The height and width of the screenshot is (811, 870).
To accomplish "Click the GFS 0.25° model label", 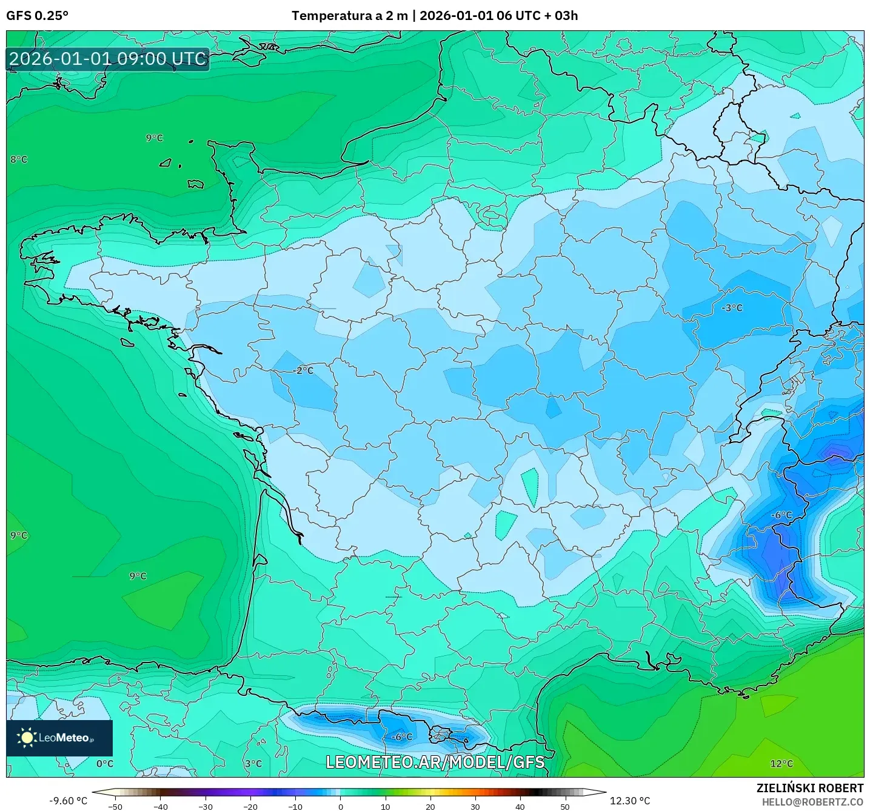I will [x=37, y=16].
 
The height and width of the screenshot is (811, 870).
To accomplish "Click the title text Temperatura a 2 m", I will [x=349, y=16].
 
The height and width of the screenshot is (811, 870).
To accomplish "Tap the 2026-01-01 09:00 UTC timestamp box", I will [x=108, y=59].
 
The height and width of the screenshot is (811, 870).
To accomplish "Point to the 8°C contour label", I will [x=19, y=159].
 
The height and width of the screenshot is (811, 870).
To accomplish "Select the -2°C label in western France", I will [x=303, y=370].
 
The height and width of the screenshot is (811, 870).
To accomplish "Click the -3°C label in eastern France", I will [x=732, y=308].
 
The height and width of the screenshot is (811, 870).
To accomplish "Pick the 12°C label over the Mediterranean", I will [x=781, y=764].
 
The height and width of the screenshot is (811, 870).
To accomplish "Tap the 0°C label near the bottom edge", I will [x=105, y=764].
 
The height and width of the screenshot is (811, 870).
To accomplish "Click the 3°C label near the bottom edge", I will [x=253, y=764].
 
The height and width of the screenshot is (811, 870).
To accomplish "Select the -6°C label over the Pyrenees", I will [x=402, y=737].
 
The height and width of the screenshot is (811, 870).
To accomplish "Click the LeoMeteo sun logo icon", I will [x=27, y=738].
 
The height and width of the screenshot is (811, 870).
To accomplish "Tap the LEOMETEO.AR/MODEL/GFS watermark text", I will [x=435, y=762].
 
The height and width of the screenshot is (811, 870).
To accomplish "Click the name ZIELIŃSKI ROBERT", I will [x=809, y=788].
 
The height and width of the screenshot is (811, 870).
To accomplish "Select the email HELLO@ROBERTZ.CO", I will [x=812, y=802].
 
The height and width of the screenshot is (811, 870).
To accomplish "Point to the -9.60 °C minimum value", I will [x=68, y=801].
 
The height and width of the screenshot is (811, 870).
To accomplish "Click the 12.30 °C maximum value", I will [x=630, y=801].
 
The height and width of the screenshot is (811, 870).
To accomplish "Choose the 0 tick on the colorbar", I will [x=341, y=806].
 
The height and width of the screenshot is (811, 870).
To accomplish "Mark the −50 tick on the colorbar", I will [x=115, y=806].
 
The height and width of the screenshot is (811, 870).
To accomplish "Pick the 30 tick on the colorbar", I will [x=475, y=806].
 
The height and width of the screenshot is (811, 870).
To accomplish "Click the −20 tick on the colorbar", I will [x=250, y=806].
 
